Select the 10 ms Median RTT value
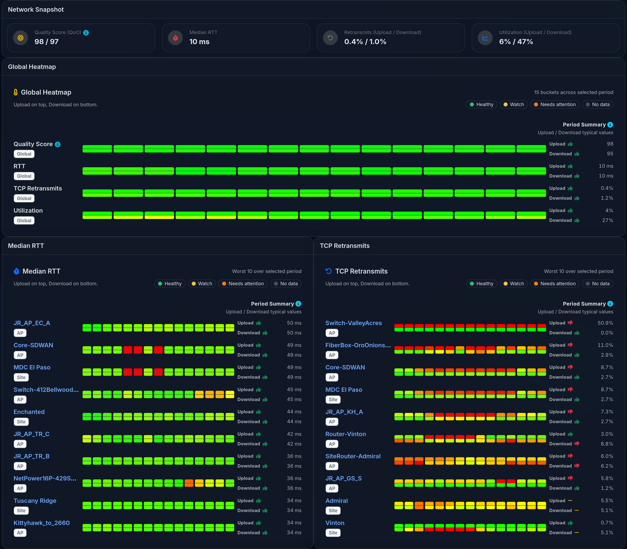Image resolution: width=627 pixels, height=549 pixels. click(199, 42)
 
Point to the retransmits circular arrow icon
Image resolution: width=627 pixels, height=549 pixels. click(330, 38)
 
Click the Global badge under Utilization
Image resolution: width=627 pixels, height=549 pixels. click(24, 221)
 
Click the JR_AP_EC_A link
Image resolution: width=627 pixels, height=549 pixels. click(32, 323)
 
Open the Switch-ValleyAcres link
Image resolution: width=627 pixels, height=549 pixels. click(353, 323)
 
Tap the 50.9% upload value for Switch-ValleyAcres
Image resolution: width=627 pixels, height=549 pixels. click(605, 323)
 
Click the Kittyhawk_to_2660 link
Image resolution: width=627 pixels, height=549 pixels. click(41, 523)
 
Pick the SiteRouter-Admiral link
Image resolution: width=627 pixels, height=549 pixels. click(353, 456)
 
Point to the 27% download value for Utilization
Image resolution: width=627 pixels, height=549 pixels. click(607, 220)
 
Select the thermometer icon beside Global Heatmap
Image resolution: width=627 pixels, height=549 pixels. click(16, 92)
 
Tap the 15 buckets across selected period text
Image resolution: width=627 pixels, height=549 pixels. click(573, 92)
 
